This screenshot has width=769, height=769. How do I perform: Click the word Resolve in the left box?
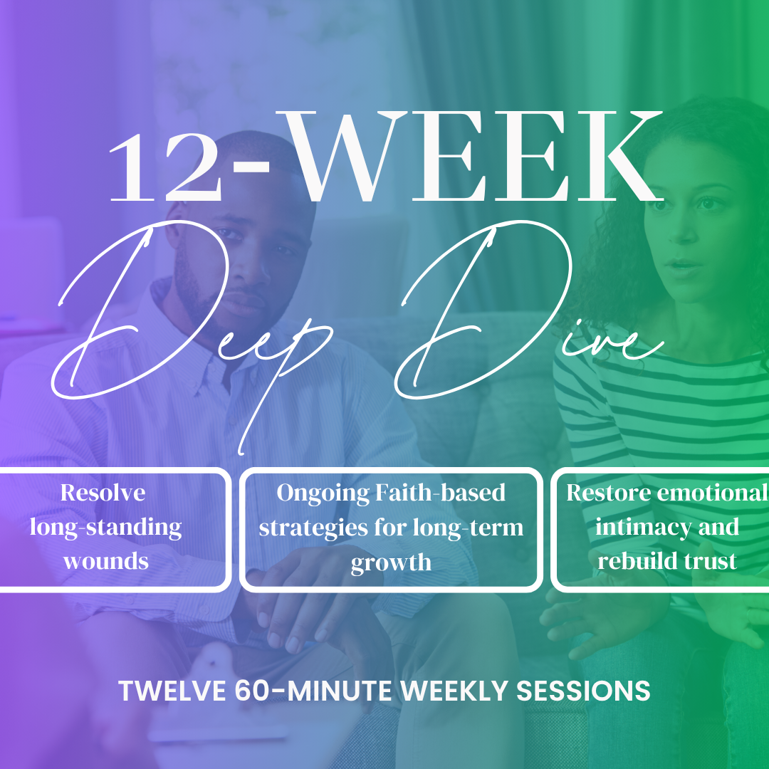103,493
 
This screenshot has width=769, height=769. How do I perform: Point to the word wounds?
106,561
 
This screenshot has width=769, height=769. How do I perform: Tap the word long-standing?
105,528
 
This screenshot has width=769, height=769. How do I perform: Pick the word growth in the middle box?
391,563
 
